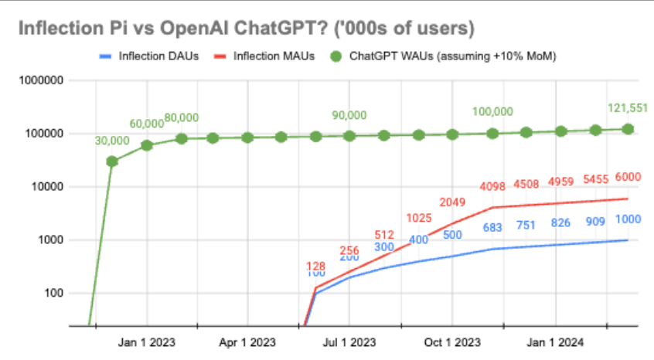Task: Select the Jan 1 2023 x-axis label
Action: [x=147, y=341]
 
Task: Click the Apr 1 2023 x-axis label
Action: [x=247, y=341]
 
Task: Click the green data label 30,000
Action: [x=112, y=142]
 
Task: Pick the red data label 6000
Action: [x=628, y=176]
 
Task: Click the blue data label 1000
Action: [x=628, y=219]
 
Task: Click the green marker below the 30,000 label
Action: [x=112, y=161]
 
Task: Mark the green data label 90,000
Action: [x=349, y=115]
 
